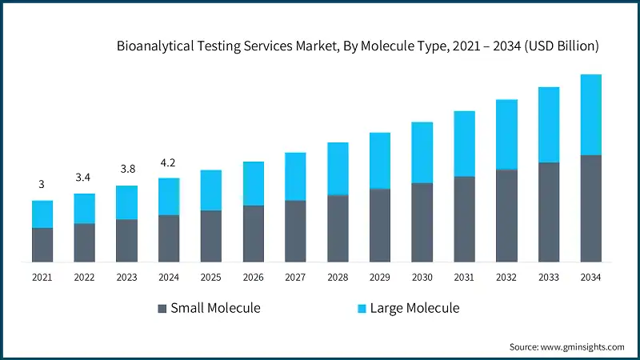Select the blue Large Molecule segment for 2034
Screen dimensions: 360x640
click(591, 114)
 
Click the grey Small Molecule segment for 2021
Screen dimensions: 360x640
click(42, 245)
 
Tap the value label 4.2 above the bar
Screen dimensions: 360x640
click(169, 162)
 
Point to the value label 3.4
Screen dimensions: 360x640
click(84, 177)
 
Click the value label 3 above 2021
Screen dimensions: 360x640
click(42, 184)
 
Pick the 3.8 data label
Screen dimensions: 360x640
click(126, 170)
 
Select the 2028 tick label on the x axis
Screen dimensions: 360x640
click(338, 277)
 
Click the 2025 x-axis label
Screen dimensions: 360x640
click(211, 277)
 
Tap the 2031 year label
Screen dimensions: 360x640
click(464, 277)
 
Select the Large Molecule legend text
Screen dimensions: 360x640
click(414, 308)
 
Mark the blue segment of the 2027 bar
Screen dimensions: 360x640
click(295, 176)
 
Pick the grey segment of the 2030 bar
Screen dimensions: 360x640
click(422, 222)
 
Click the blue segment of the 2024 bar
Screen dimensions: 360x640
click(169, 196)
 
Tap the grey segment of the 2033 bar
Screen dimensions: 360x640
click(549, 212)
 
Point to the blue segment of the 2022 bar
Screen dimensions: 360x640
click(84, 208)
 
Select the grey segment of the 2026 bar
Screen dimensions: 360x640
click(253, 234)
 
